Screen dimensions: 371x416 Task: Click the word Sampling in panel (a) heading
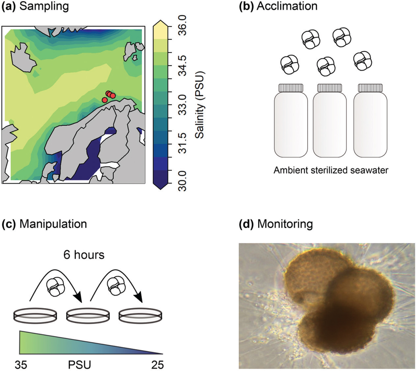(44, 6)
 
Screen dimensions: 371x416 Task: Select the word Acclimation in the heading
(287, 6)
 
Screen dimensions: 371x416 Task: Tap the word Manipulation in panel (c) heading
(53, 224)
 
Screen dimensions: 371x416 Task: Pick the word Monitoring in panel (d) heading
(285, 224)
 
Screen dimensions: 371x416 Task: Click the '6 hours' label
(84, 255)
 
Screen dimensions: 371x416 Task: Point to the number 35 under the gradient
(21, 365)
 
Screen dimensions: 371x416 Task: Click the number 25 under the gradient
(157, 365)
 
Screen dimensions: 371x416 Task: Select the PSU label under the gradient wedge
(79, 365)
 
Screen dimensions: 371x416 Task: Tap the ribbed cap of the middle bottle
(330, 88)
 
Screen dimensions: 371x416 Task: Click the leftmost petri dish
(35, 315)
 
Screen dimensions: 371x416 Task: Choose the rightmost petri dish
(140, 315)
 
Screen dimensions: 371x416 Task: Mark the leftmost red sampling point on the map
(105, 100)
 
